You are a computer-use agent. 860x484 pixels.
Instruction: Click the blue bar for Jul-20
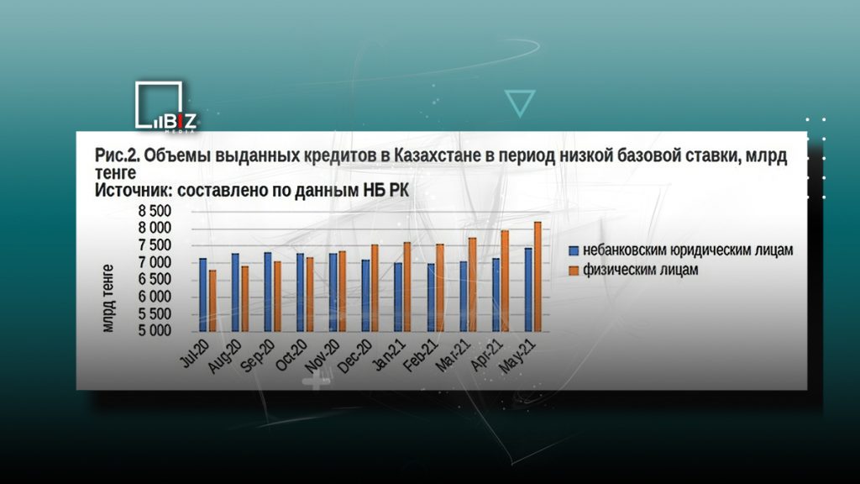(x=203, y=295)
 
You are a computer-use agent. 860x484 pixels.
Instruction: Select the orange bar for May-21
(x=538, y=276)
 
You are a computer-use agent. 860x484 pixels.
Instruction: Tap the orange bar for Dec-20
(x=375, y=288)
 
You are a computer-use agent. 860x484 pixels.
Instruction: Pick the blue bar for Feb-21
(x=432, y=297)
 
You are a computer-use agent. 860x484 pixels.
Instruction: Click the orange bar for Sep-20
(x=277, y=297)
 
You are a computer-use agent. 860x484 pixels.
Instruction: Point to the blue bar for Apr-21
(x=496, y=295)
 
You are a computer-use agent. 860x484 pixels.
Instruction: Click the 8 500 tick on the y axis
(x=155, y=211)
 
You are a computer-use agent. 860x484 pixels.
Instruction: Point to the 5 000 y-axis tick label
(x=155, y=330)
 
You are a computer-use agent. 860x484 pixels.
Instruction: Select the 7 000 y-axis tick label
(x=155, y=262)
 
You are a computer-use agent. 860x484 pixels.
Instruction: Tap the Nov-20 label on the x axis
(x=323, y=355)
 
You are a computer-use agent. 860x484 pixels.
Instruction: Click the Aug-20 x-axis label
(x=225, y=356)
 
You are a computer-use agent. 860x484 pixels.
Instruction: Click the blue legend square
(x=574, y=250)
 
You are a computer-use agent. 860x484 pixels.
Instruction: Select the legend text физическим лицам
(x=641, y=270)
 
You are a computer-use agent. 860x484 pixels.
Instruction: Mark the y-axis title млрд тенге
(x=108, y=298)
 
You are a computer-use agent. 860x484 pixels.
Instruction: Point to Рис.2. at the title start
(x=118, y=155)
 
